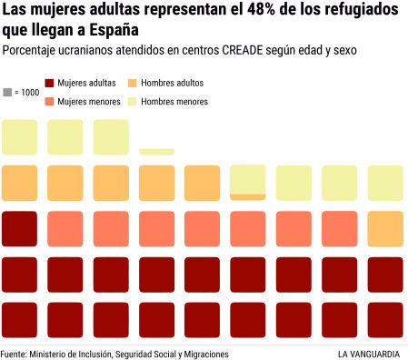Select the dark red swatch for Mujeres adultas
click(50, 83)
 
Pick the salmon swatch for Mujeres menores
click(50, 101)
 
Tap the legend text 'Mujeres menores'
click(89, 101)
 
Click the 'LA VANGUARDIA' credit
click(370, 353)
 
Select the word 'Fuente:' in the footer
click(14, 353)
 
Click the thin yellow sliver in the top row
click(157, 152)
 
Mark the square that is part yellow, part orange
click(248, 182)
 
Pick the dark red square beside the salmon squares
click(19, 228)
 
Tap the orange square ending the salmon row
click(385, 228)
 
